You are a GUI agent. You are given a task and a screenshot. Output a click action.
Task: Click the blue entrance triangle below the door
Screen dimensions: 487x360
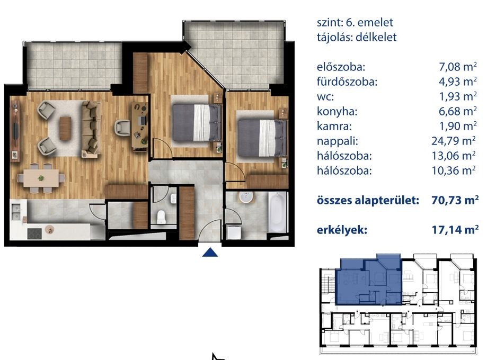[210, 253]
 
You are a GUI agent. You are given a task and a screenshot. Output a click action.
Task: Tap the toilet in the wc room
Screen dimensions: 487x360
[162, 217]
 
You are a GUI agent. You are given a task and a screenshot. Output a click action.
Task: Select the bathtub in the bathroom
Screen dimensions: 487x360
[277, 212]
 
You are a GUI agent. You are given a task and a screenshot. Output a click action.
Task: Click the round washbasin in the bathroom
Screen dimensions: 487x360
[246, 197]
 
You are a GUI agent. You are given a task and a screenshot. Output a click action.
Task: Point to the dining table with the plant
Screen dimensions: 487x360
[41, 178]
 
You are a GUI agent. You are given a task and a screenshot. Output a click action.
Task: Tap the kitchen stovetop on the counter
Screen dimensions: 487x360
[34, 233]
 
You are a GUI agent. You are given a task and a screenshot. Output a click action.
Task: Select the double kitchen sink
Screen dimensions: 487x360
[15, 212]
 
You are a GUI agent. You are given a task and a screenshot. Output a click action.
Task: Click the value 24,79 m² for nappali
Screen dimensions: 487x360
[454, 141]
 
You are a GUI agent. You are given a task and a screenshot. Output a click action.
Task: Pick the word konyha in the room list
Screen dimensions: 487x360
[337, 111]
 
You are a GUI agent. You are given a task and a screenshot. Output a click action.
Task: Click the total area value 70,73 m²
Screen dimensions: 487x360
[455, 200]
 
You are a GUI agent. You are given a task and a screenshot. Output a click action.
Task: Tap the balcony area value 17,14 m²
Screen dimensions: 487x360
[455, 230]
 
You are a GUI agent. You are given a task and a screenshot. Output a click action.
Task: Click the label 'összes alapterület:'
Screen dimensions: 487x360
[368, 200]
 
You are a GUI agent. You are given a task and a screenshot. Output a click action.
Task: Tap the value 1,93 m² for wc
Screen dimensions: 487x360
[458, 96]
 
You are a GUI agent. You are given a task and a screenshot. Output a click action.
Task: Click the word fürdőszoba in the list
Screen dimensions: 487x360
[347, 82]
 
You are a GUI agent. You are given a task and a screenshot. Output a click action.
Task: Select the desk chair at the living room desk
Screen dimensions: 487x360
[122, 128]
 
